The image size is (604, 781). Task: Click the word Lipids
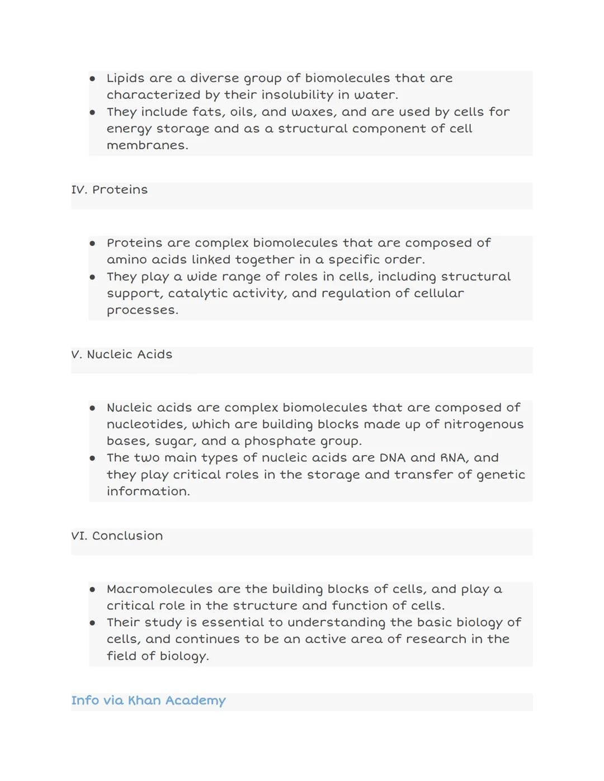(x=125, y=78)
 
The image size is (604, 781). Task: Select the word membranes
(x=147, y=145)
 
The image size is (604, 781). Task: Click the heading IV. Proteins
(x=110, y=190)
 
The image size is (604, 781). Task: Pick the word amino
(x=125, y=260)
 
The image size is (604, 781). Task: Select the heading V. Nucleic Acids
(x=122, y=354)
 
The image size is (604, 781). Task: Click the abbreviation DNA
(x=393, y=458)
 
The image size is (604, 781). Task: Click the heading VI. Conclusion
(x=117, y=536)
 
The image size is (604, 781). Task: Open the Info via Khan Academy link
(x=148, y=700)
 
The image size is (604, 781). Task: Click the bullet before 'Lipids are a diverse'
(x=93, y=79)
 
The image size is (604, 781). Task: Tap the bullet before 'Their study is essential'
(x=93, y=623)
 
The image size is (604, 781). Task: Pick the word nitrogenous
(x=483, y=424)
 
